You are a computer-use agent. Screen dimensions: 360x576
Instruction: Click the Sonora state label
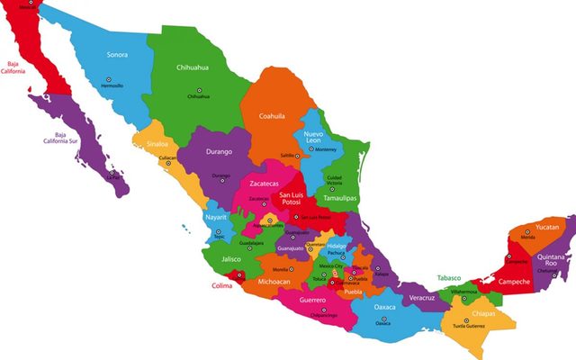point(117,55)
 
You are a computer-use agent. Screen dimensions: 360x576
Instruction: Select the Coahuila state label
point(272,116)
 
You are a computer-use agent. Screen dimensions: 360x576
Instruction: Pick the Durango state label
point(220,152)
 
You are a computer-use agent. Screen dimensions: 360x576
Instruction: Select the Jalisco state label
point(230,259)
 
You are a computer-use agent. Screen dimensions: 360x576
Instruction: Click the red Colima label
point(220,286)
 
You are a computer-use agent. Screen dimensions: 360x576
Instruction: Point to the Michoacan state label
point(274,282)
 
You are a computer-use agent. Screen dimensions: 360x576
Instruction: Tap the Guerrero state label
point(312,300)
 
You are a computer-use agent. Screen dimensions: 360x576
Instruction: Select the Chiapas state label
point(482,314)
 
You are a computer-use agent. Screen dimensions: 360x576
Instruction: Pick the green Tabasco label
point(453,278)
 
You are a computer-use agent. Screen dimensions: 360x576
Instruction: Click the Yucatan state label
point(546,228)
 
